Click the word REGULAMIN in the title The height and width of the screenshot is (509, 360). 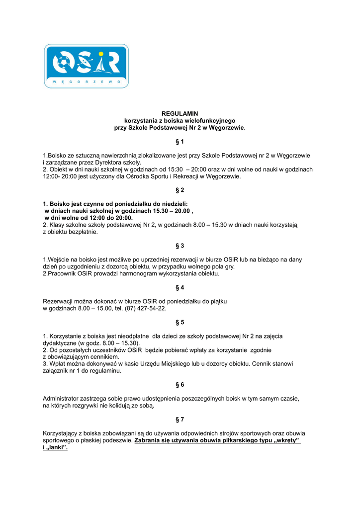coord(180,114)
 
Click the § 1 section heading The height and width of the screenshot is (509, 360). coord(180,142)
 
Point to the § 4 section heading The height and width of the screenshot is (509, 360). coord(180,288)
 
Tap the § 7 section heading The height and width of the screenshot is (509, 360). coord(180,420)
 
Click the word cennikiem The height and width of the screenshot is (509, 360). coord(104,357)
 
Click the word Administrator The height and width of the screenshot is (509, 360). coord(62,399)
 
